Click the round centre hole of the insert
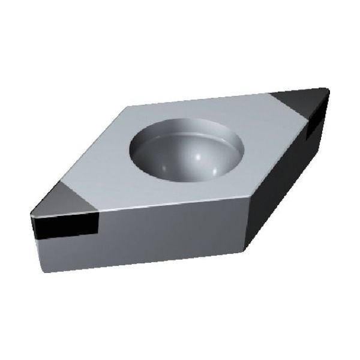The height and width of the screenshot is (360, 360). point(187,146)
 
